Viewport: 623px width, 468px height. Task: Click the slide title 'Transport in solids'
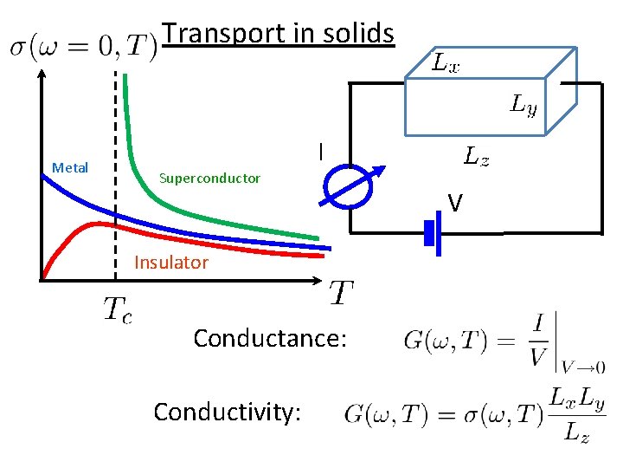coord(279,34)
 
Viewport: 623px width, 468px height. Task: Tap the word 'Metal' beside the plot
coord(70,167)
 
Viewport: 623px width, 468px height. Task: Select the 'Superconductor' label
coord(209,179)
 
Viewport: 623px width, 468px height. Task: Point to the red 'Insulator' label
coord(171,263)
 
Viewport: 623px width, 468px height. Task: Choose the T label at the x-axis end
coord(341,294)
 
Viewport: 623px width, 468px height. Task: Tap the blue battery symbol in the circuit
coord(433,232)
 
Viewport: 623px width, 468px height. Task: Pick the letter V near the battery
coord(455,204)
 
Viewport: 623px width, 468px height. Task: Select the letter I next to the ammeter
coord(320,153)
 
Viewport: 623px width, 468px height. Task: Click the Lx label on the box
coord(446,63)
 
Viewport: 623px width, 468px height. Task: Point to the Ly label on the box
coord(523,106)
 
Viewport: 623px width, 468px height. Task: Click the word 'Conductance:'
coord(270,337)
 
